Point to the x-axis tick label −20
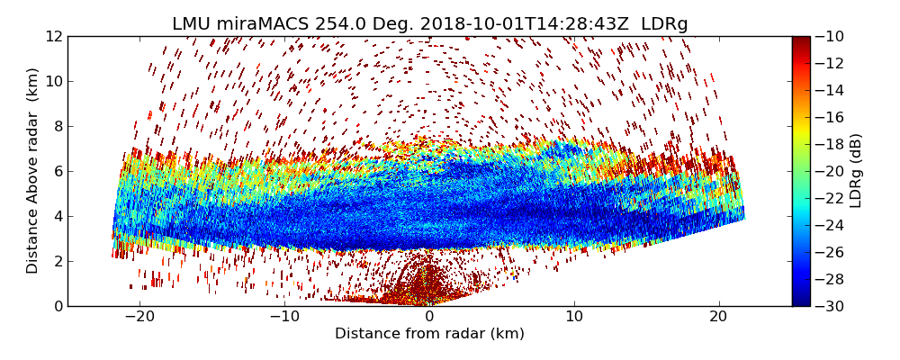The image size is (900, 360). (x=139, y=317)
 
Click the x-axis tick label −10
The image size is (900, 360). (x=284, y=317)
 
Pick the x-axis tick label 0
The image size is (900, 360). (x=429, y=317)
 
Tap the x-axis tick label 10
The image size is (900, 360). (x=574, y=317)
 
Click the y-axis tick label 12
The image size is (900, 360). (x=54, y=36)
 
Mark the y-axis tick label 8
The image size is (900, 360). (x=58, y=126)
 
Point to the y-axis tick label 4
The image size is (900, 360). (x=58, y=216)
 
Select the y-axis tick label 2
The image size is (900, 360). (x=58, y=261)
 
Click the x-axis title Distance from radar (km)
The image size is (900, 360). (x=429, y=334)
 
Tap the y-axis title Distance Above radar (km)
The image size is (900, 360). (x=33, y=171)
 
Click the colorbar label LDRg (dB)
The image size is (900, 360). (x=856, y=171)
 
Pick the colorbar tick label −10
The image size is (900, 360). (x=833, y=36)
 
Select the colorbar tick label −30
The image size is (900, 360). (x=833, y=306)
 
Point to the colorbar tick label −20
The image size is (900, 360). (x=833, y=171)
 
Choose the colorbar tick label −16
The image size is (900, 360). (x=833, y=117)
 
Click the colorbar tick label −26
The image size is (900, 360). (x=833, y=252)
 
